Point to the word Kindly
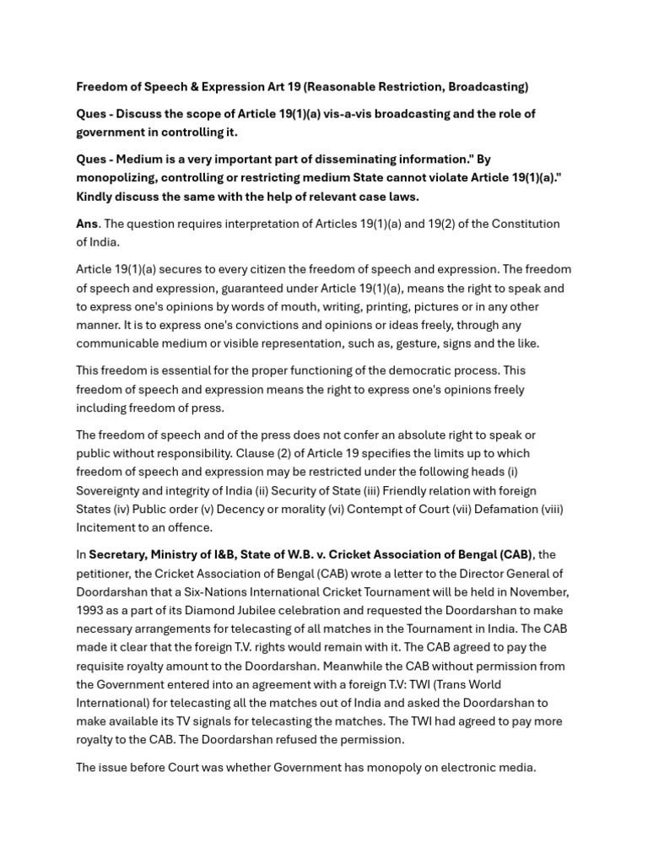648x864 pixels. click(x=95, y=197)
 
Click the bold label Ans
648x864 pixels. click(x=87, y=224)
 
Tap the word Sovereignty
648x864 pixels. click(x=113, y=491)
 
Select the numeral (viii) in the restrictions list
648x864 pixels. click(x=549, y=510)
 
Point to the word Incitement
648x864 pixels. click(x=109, y=528)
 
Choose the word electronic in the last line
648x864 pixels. click(x=456, y=768)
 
